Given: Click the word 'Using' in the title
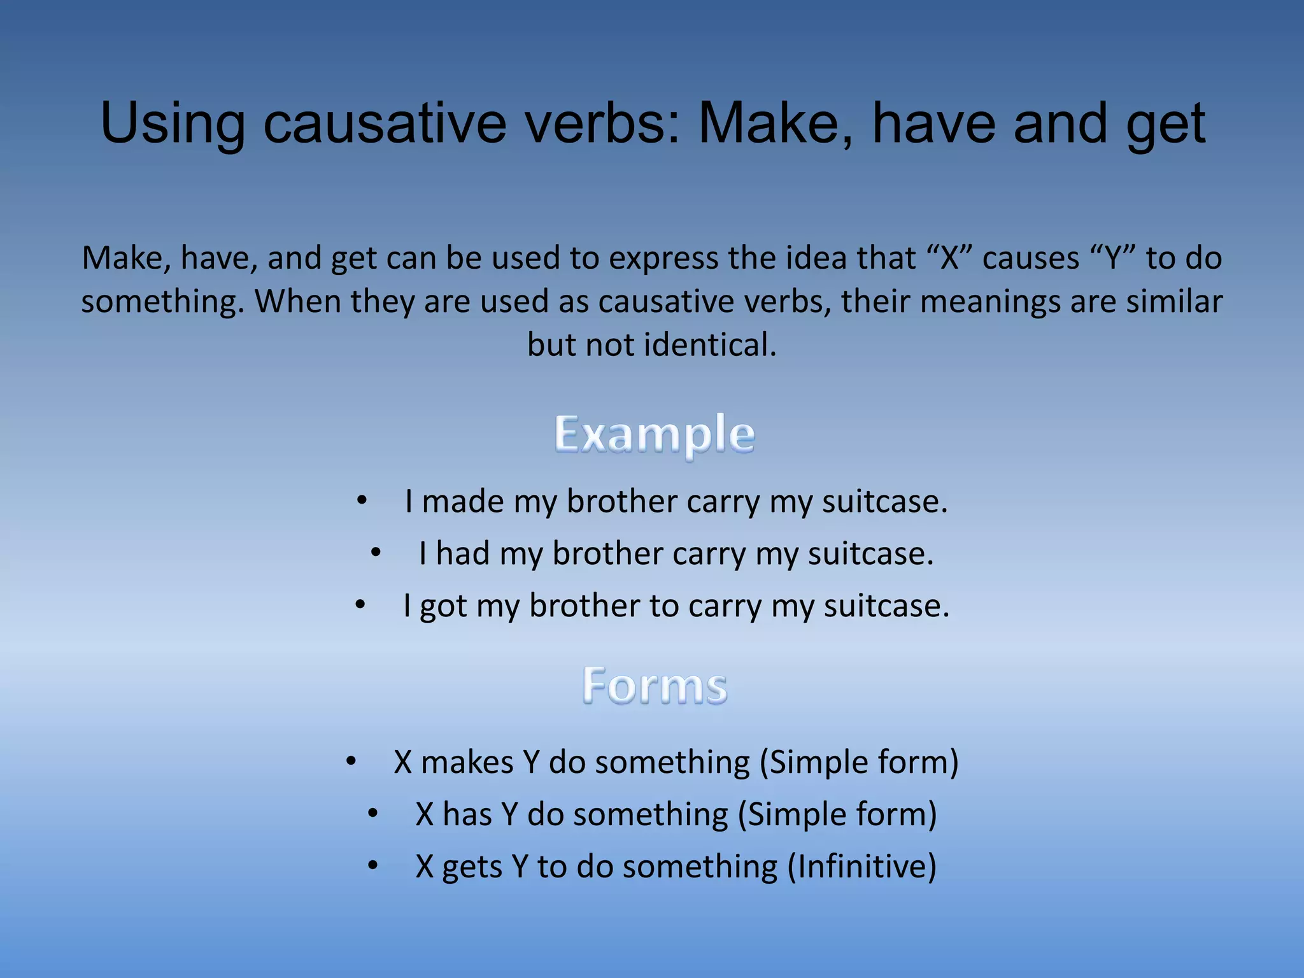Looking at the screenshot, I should point(173,124).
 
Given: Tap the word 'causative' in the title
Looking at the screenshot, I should point(385,124).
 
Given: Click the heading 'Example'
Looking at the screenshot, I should point(655,434).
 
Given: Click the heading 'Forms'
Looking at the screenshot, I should point(655,686).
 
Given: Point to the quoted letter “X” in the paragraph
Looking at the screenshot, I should point(949,259).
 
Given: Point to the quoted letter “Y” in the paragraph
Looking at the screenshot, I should point(1113,259).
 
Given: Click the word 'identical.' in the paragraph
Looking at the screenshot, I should point(711,345).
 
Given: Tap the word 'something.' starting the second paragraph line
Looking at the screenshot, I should point(163,302).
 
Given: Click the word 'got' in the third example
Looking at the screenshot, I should point(443,606).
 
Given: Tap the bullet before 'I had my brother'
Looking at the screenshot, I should point(376,553).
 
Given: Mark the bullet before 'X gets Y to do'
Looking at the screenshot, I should point(373,865).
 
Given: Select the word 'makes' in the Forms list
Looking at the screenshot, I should point(467,762).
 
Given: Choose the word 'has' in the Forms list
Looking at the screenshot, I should point(467,814).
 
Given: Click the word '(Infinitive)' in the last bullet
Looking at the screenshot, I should point(862,867).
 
